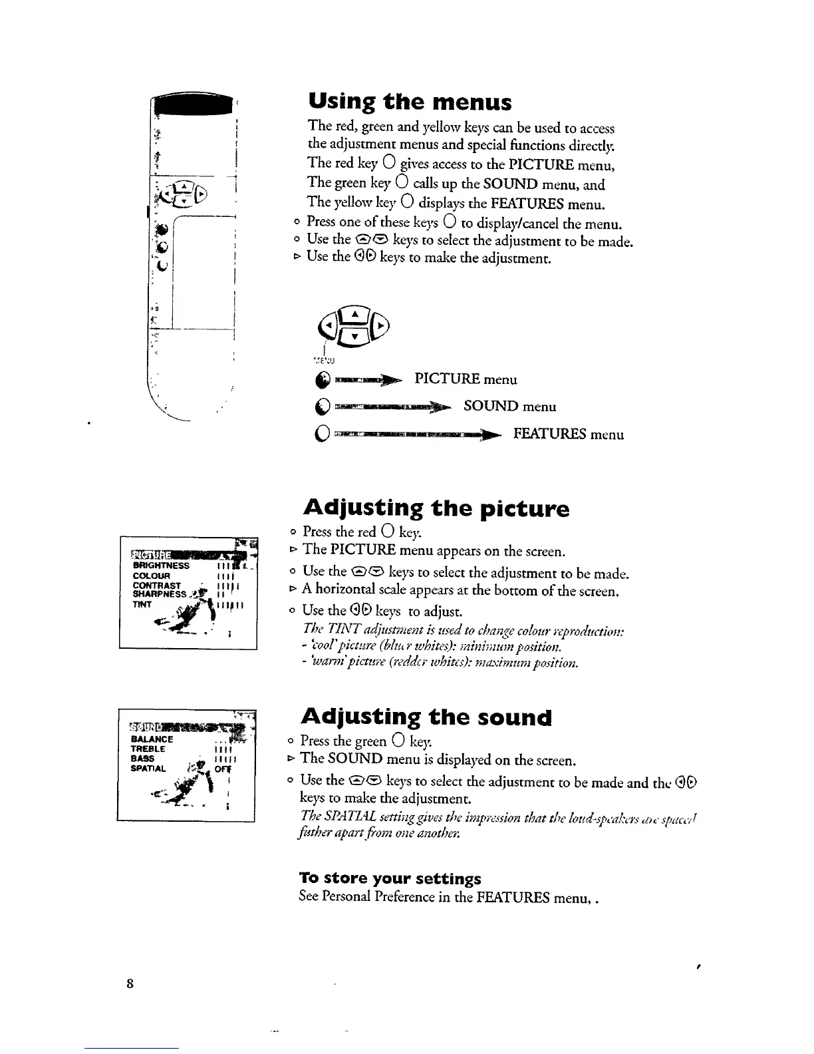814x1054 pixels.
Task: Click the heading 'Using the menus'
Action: (x=410, y=102)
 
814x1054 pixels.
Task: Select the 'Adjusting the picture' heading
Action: (x=436, y=509)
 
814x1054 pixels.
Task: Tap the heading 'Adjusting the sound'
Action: (x=426, y=717)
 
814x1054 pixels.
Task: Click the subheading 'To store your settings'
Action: (x=390, y=878)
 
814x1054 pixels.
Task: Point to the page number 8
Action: (x=130, y=983)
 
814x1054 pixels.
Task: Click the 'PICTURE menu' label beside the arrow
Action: (x=465, y=379)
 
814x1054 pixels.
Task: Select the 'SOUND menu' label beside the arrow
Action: (x=509, y=406)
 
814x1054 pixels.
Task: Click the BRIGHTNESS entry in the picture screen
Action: (x=161, y=566)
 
